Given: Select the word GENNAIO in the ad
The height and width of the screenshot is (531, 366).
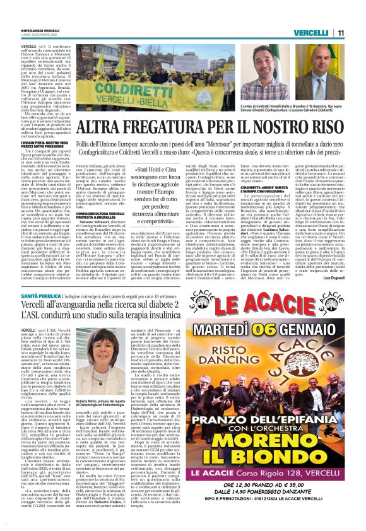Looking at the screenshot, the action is pyautogui.click(x=333, y=330).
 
